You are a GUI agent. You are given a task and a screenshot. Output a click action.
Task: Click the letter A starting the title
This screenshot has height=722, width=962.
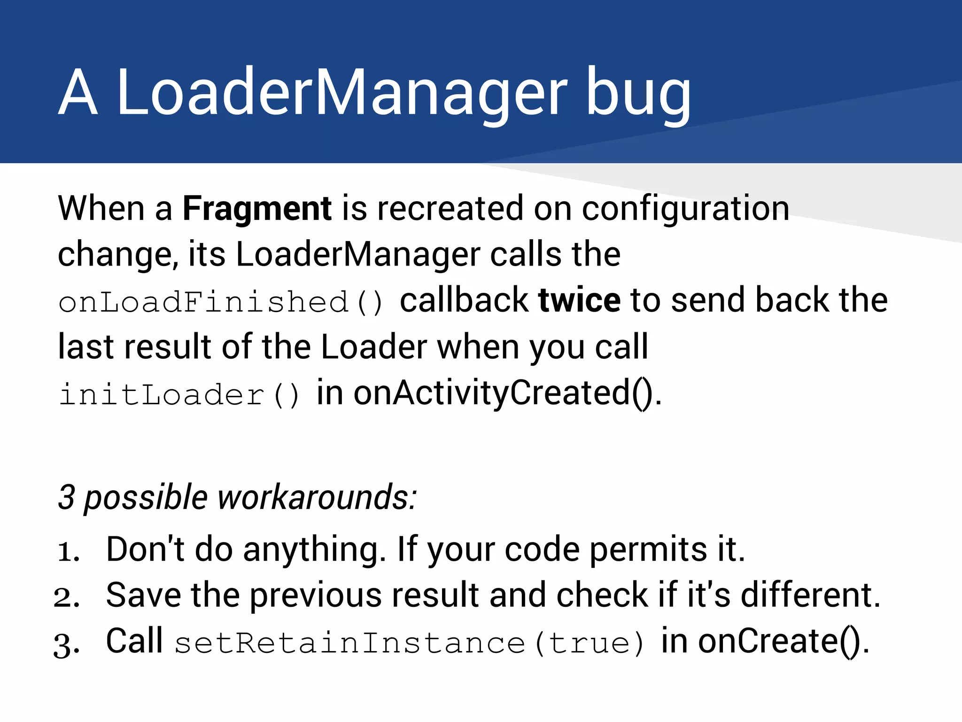[78, 92]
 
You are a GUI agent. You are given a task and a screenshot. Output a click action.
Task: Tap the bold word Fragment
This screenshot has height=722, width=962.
[257, 208]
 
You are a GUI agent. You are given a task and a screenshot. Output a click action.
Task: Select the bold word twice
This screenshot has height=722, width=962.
[579, 300]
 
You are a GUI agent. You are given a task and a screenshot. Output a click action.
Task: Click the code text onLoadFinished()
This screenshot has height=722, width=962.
[221, 302]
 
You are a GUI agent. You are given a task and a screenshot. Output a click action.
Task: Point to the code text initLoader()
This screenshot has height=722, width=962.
[178, 395]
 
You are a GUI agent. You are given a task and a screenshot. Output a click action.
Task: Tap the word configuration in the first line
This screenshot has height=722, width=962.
[686, 209]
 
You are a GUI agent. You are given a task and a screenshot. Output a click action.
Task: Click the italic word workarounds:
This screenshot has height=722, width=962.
[317, 497]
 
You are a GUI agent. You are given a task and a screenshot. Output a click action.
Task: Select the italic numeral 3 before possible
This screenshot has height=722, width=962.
[66, 497]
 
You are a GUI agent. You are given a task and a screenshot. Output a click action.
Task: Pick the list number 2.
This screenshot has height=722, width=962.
[67, 597]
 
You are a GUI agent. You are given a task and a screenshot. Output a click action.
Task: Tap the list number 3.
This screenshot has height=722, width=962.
[67, 644]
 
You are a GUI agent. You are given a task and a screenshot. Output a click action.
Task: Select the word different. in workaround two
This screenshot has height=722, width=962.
[810, 595]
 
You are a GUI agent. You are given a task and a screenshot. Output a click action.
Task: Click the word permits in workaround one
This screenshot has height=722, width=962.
[648, 550]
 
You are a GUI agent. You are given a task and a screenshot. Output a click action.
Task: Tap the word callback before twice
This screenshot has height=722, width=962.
[464, 300]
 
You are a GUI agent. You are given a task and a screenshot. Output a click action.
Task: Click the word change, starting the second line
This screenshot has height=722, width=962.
[117, 255]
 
